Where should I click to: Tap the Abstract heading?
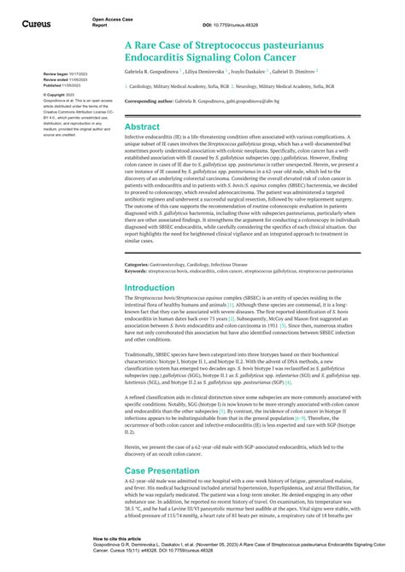142,126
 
